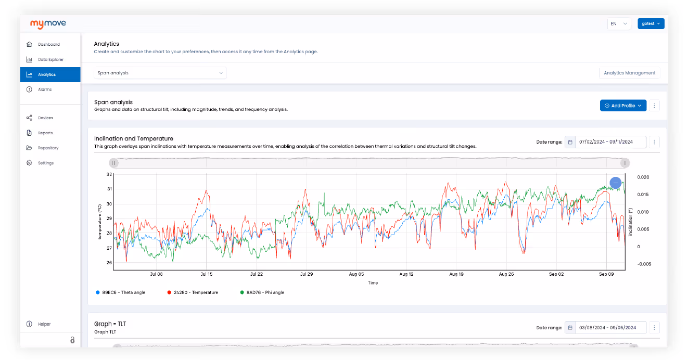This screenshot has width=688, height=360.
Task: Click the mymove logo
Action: (48, 24)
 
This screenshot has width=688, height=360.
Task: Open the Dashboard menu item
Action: (48, 44)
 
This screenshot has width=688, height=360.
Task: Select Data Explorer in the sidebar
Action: (50, 59)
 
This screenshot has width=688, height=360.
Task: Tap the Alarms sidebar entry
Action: (45, 89)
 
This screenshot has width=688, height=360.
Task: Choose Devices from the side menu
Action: (45, 118)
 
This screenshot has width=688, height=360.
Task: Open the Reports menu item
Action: (45, 133)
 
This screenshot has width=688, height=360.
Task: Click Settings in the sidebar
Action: (45, 163)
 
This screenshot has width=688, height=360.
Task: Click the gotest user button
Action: (651, 23)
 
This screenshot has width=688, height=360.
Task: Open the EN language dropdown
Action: (619, 23)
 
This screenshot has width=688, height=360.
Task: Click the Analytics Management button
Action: (629, 73)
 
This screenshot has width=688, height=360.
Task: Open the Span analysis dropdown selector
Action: (160, 73)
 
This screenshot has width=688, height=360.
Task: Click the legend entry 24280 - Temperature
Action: (193, 292)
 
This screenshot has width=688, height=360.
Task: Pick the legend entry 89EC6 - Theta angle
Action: (121, 292)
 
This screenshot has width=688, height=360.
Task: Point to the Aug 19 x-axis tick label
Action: (456, 274)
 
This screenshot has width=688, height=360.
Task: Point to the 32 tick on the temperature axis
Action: (109, 174)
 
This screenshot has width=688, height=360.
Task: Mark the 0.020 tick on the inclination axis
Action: (643, 177)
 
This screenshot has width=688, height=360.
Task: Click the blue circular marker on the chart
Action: (616, 183)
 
